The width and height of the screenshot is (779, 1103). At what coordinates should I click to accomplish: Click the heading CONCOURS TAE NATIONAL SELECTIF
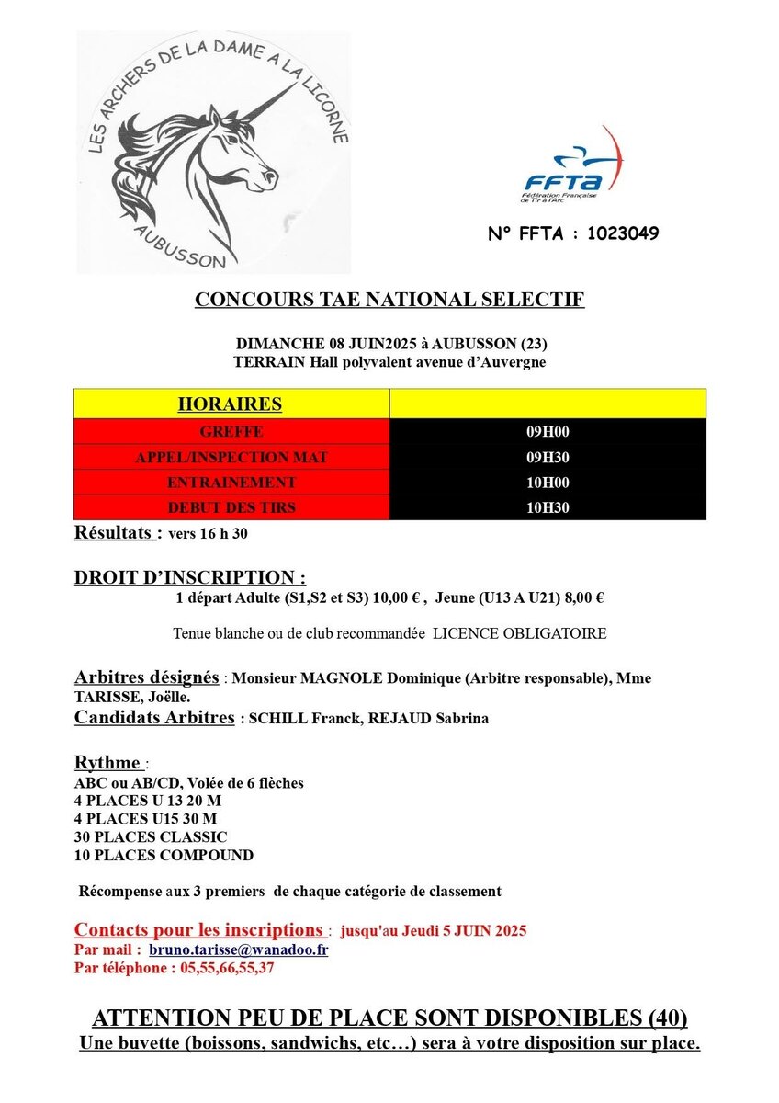(x=389, y=300)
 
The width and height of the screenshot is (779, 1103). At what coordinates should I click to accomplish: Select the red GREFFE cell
(x=231, y=431)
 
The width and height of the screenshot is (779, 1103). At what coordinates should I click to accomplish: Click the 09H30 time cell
(x=548, y=457)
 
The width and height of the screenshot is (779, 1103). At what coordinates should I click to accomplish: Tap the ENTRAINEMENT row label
(x=231, y=482)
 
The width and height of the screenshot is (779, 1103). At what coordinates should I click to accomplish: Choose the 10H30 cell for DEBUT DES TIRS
(x=548, y=507)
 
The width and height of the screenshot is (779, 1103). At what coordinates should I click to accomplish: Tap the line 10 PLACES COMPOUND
(x=164, y=855)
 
